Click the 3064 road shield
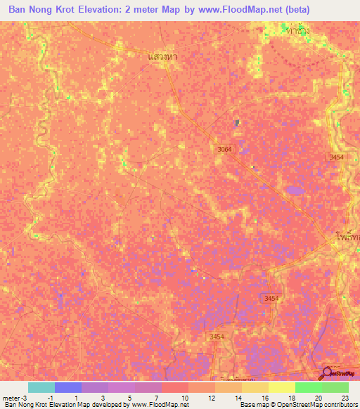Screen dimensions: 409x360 tap(224, 149)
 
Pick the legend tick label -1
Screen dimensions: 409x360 tap(51, 398)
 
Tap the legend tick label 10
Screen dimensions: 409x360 tap(184, 398)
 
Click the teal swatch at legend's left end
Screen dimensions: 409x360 tap(41, 387)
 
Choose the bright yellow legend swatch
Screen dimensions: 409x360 tap(281, 387)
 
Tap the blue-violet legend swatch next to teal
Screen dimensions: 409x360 tap(67, 387)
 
